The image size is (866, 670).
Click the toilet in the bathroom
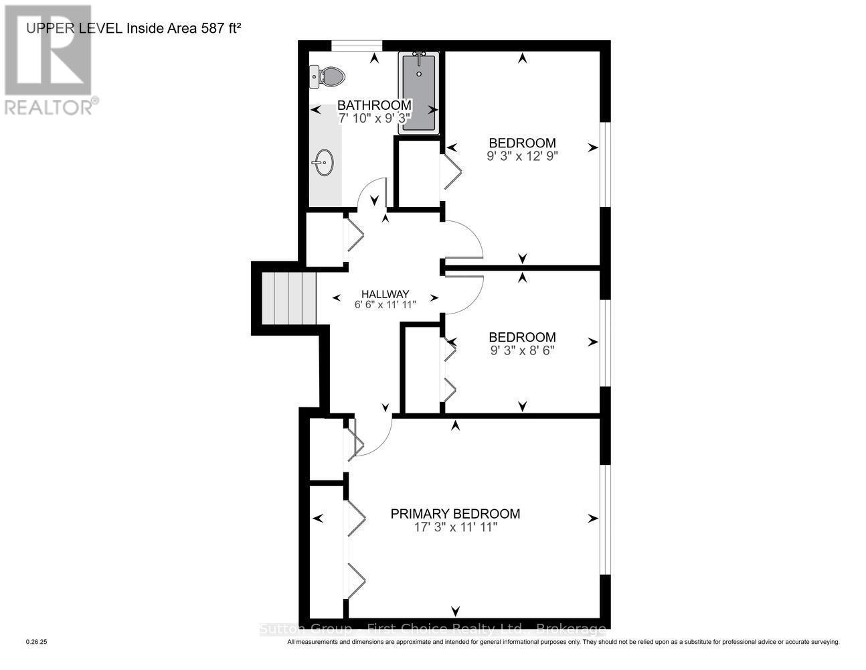327,76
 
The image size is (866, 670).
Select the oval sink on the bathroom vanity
324,161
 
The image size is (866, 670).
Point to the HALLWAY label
385,293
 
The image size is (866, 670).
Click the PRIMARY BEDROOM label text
455,514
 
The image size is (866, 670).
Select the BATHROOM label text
373,105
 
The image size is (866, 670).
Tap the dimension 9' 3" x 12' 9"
522,155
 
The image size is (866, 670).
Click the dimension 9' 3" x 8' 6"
522,350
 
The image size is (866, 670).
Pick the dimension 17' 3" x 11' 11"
455,528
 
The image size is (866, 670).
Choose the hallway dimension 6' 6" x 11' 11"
385,305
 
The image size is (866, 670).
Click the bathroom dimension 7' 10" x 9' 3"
373,119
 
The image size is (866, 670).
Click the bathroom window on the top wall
357,45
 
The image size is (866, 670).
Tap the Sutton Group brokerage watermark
432,629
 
